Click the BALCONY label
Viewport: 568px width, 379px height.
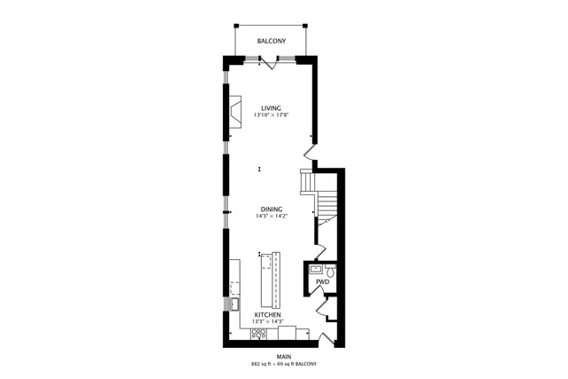(x=271, y=42)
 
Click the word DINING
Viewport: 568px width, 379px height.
(x=272, y=209)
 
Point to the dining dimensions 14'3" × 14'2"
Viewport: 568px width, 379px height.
(x=272, y=217)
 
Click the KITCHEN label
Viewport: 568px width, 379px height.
(x=268, y=314)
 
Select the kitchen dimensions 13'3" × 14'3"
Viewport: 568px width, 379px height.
(x=268, y=321)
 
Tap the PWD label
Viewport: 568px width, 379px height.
(x=322, y=281)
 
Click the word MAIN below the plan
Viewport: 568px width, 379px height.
(x=283, y=357)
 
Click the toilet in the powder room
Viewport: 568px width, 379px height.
(x=328, y=269)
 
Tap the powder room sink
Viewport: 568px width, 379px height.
(x=315, y=268)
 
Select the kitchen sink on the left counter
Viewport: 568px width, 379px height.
(x=235, y=304)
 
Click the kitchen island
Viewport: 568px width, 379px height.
(x=269, y=277)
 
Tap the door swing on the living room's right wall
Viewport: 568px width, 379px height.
(x=310, y=141)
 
